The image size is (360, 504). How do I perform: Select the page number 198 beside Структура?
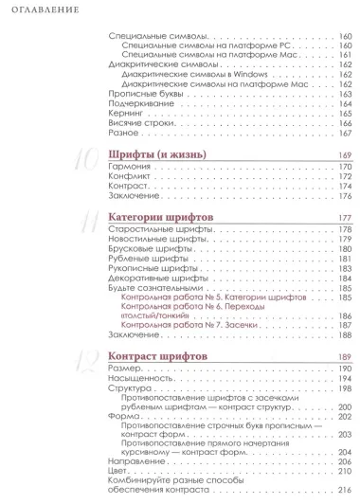point(345,387)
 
